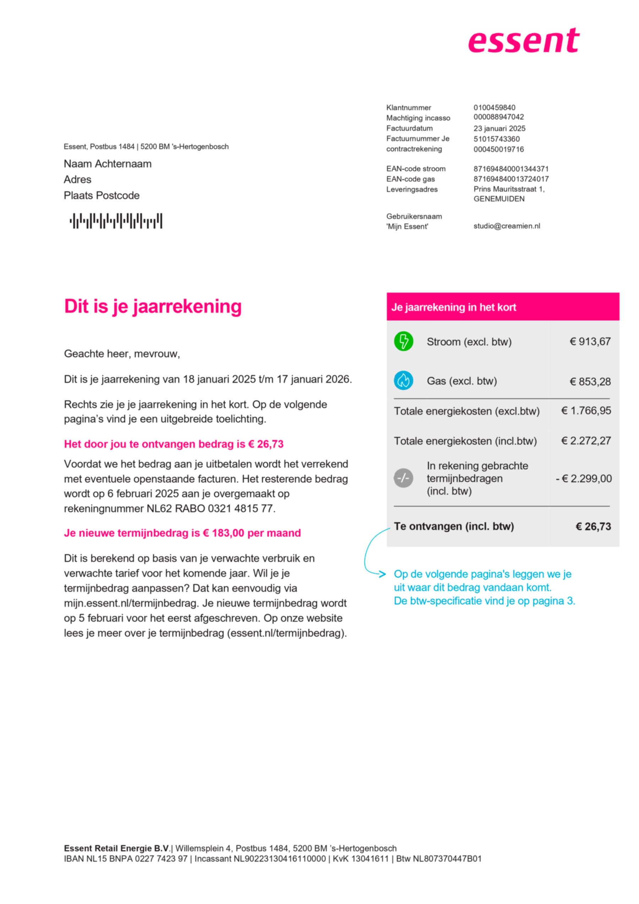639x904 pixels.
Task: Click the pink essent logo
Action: [523, 40]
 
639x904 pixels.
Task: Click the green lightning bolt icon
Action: [403, 341]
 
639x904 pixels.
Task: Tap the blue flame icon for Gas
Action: [403, 380]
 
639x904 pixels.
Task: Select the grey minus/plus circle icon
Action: [403, 478]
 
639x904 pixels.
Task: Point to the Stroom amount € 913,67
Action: [590, 341]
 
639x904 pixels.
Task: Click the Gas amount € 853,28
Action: [590, 381]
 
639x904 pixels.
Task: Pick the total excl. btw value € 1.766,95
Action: [586, 411]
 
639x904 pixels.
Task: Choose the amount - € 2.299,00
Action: [584, 478]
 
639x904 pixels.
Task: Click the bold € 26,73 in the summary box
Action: [593, 526]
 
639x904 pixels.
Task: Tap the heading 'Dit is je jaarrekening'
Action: [153, 306]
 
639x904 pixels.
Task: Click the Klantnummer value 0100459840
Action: [494, 108]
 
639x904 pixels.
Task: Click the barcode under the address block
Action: [116, 221]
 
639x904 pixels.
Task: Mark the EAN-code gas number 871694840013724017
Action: [511, 179]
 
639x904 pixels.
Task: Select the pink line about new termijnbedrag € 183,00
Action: [182, 533]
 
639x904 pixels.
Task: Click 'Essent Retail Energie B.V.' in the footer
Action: [117, 848]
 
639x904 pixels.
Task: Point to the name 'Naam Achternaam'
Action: [108, 164]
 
